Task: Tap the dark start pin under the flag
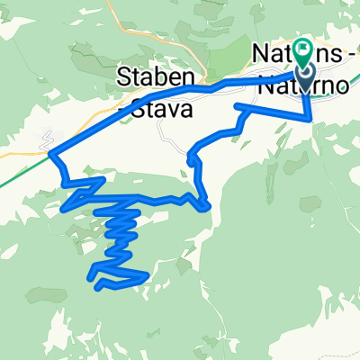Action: coord(302,78)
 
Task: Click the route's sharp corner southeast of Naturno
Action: coord(310,117)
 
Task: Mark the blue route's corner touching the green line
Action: coord(50,154)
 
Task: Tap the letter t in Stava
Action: coord(148,111)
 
